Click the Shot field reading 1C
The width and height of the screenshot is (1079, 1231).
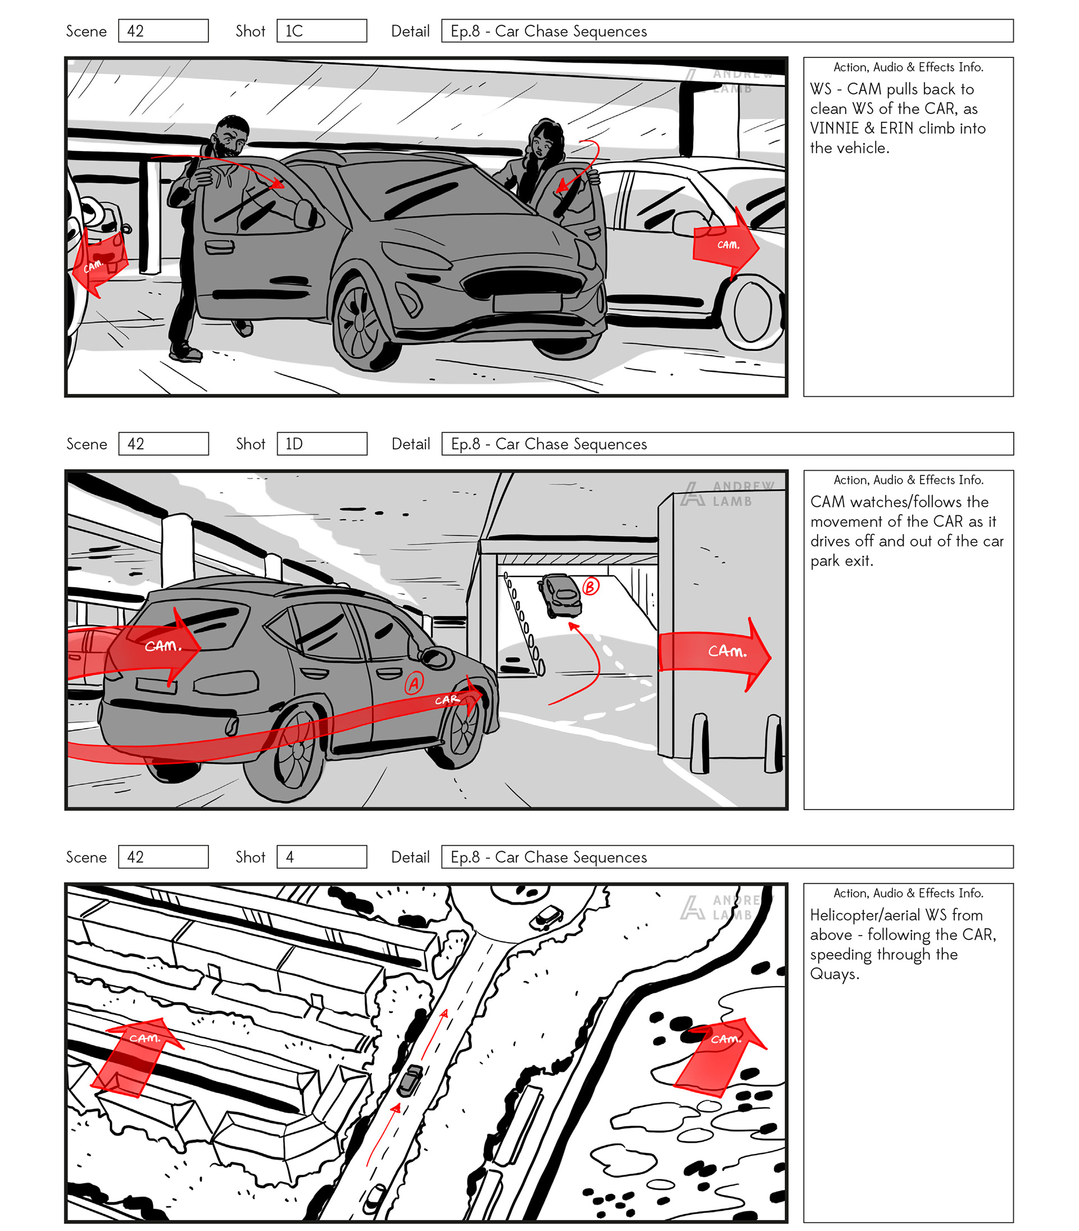click(x=321, y=31)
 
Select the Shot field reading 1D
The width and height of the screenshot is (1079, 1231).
click(x=321, y=444)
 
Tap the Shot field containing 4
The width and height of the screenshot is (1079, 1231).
click(x=321, y=857)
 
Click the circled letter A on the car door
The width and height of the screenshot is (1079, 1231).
click(x=414, y=683)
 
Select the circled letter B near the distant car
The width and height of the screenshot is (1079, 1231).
click(x=591, y=585)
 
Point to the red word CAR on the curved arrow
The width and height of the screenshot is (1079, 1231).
click(x=447, y=699)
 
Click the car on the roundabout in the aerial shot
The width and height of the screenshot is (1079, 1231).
click(x=546, y=917)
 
